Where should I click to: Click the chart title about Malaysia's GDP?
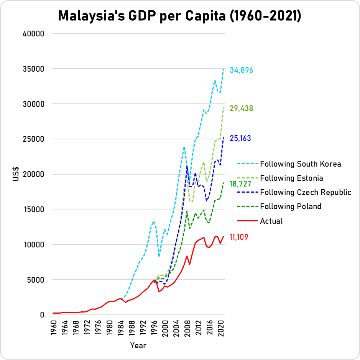pyautogui.click(x=180, y=16)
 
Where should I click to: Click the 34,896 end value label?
pyautogui.click(x=241, y=70)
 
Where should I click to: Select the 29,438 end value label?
pyautogui.click(x=241, y=108)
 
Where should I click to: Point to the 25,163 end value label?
pyautogui.click(x=240, y=138)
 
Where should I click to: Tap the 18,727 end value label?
pyautogui.click(x=240, y=184)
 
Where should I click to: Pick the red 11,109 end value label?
pyautogui.click(x=239, y=237)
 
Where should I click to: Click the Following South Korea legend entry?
pyautogui.click(x=300, y=164)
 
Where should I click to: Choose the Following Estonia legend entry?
pyautogui.click(x=291, y=178)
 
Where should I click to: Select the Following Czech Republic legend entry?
pyautogui.click(x=306, y=192)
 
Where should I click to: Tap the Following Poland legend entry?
pyautogui.click(x=290, y=206)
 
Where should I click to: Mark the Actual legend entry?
pyautogui.click(x=271, y=221)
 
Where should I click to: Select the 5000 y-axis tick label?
pyautogui.click(x=37, y=280)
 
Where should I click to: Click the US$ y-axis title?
pyautogui.click(x=16, y=174)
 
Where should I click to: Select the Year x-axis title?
pyautogui.click(x=138, y=345)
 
